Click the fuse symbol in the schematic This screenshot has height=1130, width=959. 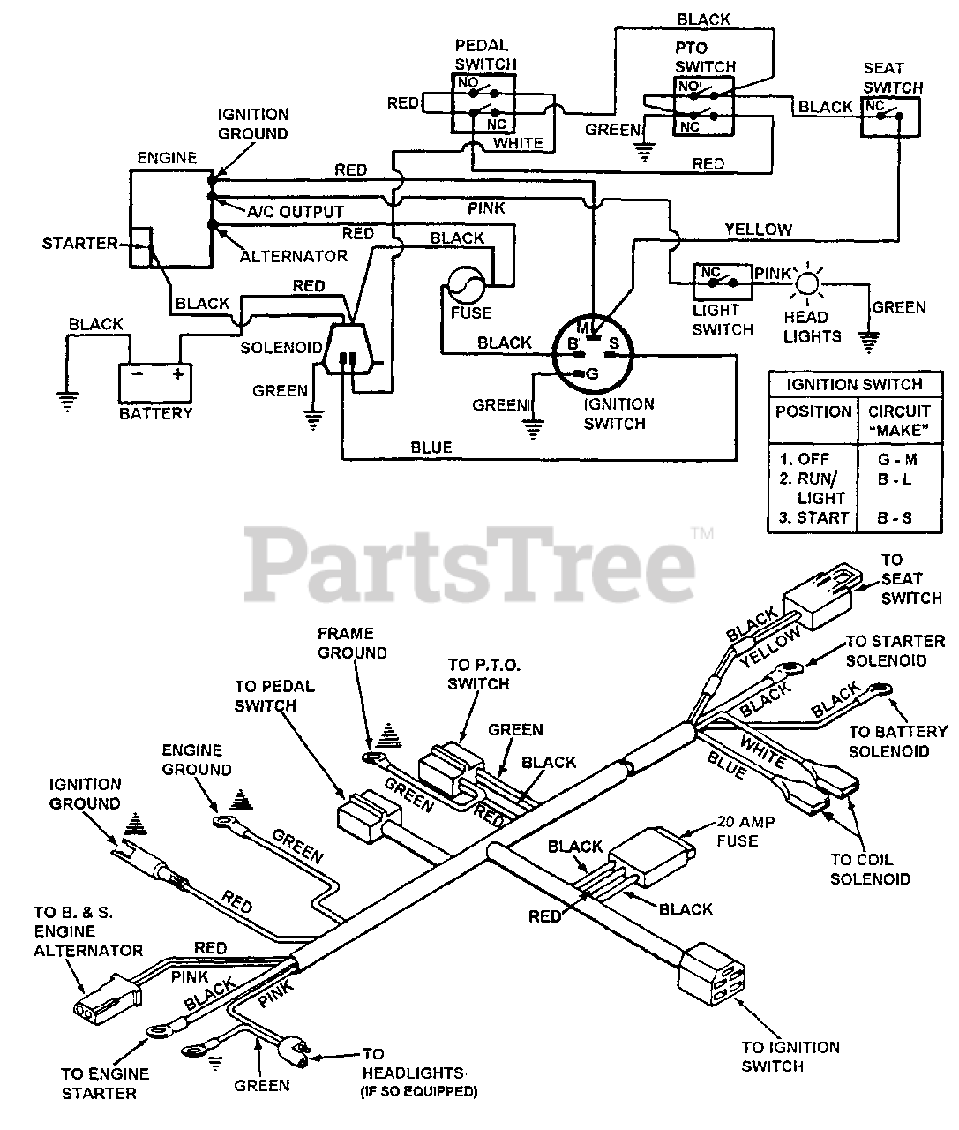point(467,285)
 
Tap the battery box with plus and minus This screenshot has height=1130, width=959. point(155,383)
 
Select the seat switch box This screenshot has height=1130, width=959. point(890,117)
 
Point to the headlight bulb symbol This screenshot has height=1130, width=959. point(807,284)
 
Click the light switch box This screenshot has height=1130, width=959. point(723,282)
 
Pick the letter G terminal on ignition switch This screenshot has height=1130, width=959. point(592,374)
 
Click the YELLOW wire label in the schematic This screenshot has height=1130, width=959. point(758,230)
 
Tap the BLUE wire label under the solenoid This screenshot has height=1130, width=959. point(431,448)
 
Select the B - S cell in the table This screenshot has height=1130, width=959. point(895,517)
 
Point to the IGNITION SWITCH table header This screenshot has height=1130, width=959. point(855,384)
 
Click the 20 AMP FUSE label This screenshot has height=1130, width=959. point(745,831)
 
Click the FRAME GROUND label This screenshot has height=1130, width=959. point(352,643)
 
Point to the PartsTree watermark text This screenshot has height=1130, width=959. point(470,564)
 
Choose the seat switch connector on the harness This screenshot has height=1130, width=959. point(821,595)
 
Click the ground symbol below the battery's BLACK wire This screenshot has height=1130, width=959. point(67,401)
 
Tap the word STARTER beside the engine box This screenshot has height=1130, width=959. point(79,244)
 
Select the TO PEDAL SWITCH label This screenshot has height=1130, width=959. point(274,696)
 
